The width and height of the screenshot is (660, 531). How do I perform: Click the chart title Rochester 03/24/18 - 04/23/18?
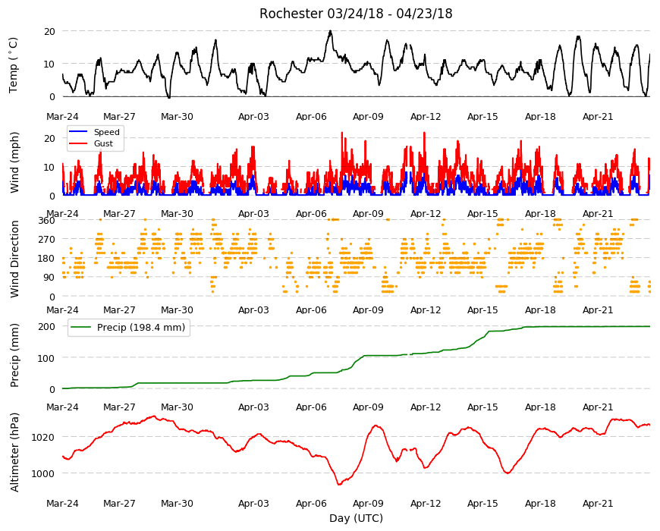click(x=356, y=14)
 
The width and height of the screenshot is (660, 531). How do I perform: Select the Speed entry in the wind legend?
click(x=106, y=132)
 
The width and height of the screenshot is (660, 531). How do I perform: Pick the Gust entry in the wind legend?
click(x=103, y=143)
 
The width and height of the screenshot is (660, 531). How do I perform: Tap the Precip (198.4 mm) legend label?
click(x=141, y=328)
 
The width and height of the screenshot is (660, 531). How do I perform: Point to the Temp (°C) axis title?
click(x=14, y=64)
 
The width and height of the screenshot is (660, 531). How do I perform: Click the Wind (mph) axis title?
click(x=14, y=162)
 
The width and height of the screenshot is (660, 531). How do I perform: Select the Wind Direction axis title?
click(x=14, y=259)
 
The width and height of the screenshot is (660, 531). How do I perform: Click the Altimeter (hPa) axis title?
click(x=14, y=452)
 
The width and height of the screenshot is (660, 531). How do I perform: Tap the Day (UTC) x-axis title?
click(x=356, y=518)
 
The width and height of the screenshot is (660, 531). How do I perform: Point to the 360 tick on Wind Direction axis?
click(x=47, y=220)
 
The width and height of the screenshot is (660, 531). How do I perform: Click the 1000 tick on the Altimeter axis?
click(x=43, y=473)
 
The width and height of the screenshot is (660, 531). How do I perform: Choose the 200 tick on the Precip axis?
click(x=47, y=326)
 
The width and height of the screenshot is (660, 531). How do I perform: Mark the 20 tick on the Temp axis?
click(x=49, y=31)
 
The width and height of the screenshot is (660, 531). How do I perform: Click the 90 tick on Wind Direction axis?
click(x=49, y=278)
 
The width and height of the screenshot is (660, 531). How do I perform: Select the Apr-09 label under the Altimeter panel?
click(x=368, y=504)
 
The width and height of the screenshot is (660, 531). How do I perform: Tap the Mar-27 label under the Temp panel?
click(x=119, y=117)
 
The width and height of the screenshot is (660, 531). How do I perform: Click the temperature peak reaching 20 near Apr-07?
click(x=331, y=31)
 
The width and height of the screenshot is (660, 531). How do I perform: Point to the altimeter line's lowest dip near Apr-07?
click(x=339, y=484)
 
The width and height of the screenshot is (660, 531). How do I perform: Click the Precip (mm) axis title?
click(x=14, y=356)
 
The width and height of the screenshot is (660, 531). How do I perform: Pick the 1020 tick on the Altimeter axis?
click(x=43, y=437)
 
